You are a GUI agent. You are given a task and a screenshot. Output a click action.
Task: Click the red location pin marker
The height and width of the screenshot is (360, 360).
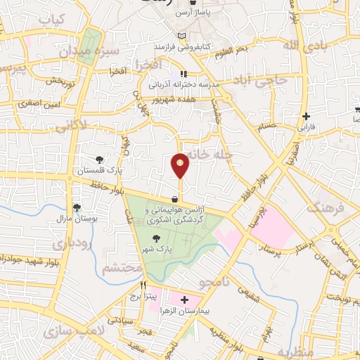point(180,165)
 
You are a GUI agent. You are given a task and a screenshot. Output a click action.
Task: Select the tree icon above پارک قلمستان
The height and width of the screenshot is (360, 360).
point(99,160)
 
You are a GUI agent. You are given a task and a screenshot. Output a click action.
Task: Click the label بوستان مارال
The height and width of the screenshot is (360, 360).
point(76,219)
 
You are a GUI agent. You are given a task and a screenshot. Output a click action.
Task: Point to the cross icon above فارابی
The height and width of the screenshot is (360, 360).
point(305,116)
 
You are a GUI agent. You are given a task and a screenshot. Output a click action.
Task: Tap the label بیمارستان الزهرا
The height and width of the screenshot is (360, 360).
point(184,310)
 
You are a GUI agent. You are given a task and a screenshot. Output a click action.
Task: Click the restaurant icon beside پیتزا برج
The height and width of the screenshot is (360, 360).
point(144,286)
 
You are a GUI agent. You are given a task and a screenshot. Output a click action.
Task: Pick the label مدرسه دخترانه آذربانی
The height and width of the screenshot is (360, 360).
point(184,84)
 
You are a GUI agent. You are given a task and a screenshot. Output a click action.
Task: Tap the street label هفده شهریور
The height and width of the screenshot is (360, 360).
point(176,99)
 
